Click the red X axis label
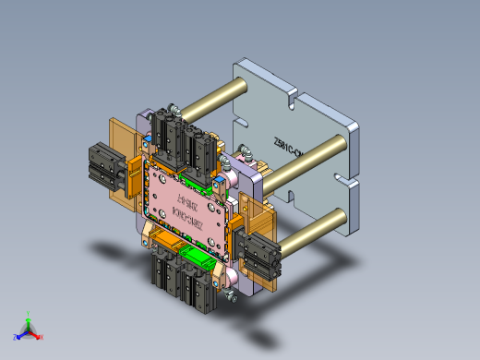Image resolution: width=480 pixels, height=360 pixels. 42,337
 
